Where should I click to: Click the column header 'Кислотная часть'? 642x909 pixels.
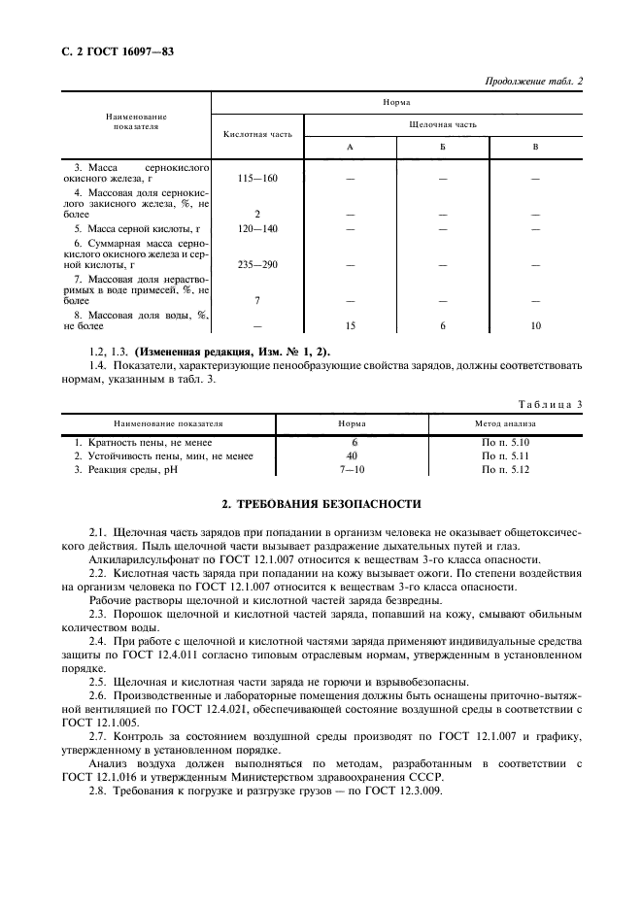[x=256, y=134]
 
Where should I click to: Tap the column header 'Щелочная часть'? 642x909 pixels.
[x=444, y=124]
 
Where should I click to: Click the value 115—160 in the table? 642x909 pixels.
[x=256, y=179]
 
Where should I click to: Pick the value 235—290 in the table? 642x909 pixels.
[x=256, y=264]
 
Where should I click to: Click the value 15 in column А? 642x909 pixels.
[x=350, y=325]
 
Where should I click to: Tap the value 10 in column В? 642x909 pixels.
[x=535, y=325]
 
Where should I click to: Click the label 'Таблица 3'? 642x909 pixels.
[x=550, y=402]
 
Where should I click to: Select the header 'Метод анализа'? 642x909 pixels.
[x=504, y=423]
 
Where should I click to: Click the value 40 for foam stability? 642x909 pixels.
[x=352, y=454]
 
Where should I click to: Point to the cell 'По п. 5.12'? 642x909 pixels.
[x=504, y=469]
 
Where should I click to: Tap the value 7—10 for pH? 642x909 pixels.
[x=352, y=469]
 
